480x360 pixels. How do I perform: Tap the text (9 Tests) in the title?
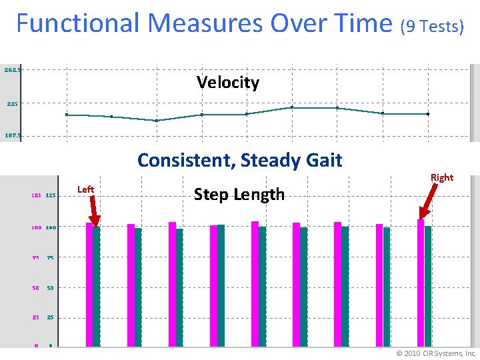click(431, 27)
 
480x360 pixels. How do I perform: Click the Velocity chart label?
click(227, 83)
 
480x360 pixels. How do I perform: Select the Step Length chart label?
click(239, 194)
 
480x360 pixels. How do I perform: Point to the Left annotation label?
click(85, 189)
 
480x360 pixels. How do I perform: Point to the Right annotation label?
click(441, 177)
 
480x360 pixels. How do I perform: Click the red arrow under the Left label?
click(93, 212)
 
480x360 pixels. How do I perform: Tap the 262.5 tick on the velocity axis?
click(13, 69)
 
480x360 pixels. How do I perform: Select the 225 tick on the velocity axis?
click(13, 104)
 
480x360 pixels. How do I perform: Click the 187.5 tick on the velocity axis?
click(13, 135)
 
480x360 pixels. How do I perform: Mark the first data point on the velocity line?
click(67, 115)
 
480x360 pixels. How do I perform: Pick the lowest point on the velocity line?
click(157, 121)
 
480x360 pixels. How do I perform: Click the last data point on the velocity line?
click(427, 114)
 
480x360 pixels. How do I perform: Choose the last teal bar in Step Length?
click(428, 286)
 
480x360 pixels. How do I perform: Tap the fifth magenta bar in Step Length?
click(255, 283)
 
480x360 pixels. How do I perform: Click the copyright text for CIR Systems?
click(436, 353)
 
